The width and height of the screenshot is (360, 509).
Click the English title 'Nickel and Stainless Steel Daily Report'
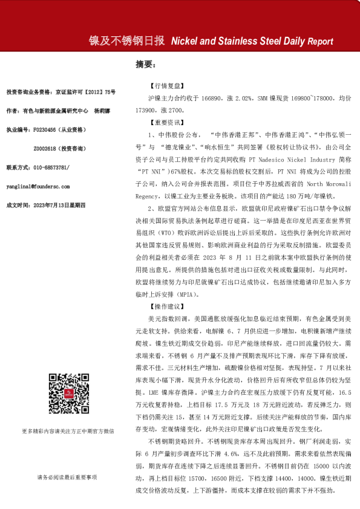[x=252, y=42]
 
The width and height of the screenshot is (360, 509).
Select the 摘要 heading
[x=146, y=63]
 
